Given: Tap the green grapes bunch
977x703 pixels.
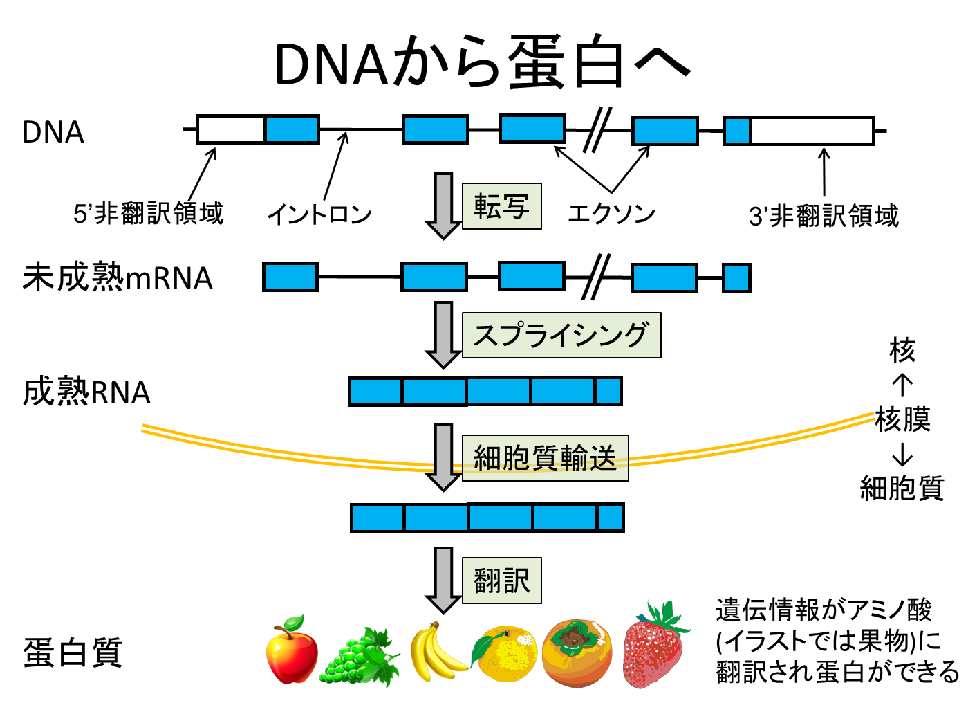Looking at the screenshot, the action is pyautogui.click(x=360, y=657).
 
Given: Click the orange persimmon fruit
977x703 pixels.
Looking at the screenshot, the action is pyautogui.click(x=577, y=653).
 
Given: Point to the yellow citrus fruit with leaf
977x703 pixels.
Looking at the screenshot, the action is pyautogui.click(x=504, y=653).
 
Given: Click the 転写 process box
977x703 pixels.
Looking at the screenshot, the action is pyautogui.click(x=501, y=206).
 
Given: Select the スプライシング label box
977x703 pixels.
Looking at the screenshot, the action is pyautogui.click(x=561, y=335).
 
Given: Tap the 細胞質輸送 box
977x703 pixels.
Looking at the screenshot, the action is pyautogui.click(x=546, y=458).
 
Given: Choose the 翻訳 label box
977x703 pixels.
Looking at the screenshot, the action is pyautogui.click(x=501, y=581).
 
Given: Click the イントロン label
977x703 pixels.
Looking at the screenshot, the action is pyautogui.click(x=319, y=214).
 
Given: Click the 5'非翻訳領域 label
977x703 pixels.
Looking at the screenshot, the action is pyautogui.click(x=148, y=213).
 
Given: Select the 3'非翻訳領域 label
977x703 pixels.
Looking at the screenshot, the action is pyautogui.click(x=824, y=216).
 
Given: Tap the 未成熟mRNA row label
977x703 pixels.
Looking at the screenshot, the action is pyautogui.click(x=118, y=277).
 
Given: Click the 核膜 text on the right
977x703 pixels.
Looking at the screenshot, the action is pyautogui.click(x=903, y=419).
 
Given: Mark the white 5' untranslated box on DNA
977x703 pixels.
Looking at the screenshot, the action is pyautogui.click(x=230, y=129).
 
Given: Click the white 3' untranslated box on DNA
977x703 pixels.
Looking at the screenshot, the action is pyautogui.click(x=812, y=131).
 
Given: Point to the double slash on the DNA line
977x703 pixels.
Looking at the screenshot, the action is pyautogui.click(x=597, y=129).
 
